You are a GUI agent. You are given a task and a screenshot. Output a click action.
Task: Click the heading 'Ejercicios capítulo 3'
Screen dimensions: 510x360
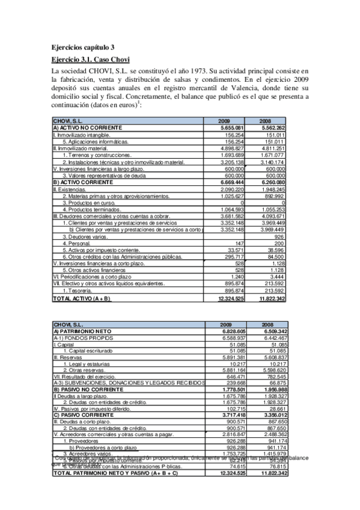(83, 48)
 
